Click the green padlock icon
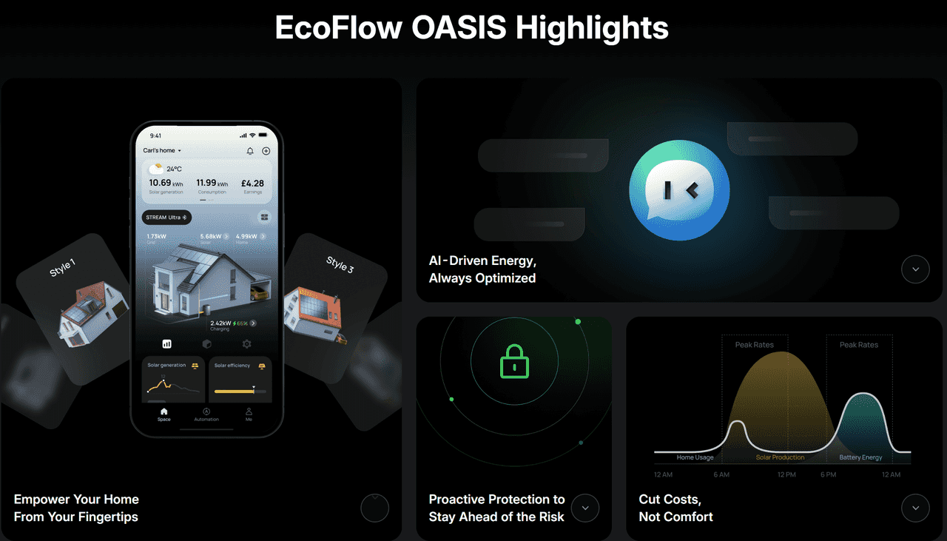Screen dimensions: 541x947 (514, 362)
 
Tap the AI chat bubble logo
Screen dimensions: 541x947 (679, 191)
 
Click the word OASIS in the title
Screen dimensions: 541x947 (459, 28)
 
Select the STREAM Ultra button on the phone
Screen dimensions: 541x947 (166, 218)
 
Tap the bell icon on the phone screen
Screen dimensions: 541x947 (250, 151)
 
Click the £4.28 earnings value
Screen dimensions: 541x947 (253, 183)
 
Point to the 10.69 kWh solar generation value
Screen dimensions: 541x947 (166, 183)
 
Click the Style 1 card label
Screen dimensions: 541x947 (62, 267)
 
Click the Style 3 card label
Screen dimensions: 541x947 (340, 264)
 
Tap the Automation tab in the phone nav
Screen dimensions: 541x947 (206, 414)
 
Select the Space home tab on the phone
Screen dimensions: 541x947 (164, 414)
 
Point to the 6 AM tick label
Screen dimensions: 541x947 (721, 474)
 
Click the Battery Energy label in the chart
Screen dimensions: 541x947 (860, 457)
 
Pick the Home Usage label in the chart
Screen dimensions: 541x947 (695, 457)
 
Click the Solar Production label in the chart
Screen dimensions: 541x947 (780, 457)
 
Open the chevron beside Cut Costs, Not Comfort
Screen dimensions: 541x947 (915, 508)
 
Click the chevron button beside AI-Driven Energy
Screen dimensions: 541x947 (915, 269)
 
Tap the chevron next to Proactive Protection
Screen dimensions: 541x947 (585, 508)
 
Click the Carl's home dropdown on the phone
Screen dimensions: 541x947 (162, 151)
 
